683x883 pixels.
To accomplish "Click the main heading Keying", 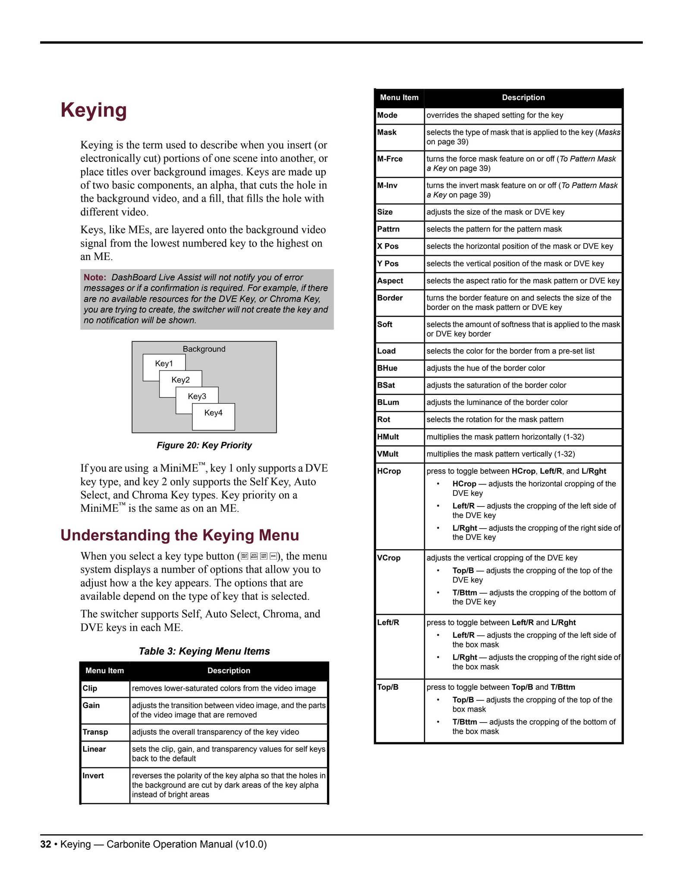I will coord(94,110).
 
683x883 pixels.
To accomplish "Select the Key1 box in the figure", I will coord(164,363).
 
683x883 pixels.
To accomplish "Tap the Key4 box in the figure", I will coord(214,413).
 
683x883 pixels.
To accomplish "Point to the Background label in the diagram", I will coord(204,349).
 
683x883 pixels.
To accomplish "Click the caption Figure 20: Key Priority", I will coord(204,445).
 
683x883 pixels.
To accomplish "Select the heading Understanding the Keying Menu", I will coord(179,535).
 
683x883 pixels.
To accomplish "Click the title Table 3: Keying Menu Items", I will coord(204,651).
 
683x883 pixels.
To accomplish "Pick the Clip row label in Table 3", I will coord(90,688).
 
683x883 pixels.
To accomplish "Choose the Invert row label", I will coord(93,776).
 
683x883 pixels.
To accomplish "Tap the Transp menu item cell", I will coord(95,732).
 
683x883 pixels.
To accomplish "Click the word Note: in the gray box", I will coord(94,277).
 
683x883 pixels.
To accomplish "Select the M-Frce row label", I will coord(390,159).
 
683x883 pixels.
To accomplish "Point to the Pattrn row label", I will coord(388,229).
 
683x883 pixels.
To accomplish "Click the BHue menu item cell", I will coord(387,368).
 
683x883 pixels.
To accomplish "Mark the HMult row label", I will coord(388,437).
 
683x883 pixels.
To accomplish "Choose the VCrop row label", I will coord(389,557).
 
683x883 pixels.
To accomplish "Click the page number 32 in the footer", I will coord(46,844).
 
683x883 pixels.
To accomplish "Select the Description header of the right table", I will coord(523,97).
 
